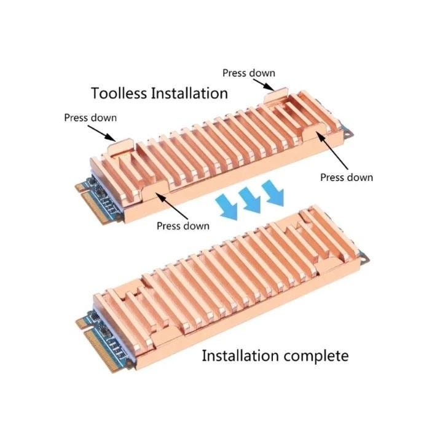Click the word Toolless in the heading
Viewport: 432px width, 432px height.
[119, 93]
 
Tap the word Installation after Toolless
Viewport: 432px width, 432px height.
[189, 93]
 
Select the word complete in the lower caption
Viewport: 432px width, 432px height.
[316, 357]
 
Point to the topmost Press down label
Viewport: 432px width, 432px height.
[249, 73]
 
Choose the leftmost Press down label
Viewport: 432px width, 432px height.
[90, 118]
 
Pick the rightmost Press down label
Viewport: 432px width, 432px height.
[347, 177]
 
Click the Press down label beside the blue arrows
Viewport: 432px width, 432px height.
[183, 226]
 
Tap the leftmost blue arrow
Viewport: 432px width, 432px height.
[227, 206]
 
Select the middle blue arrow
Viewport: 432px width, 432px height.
[250, 200]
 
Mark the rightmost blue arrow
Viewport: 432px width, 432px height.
[273, 193]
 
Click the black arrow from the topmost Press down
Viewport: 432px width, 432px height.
[264, 85]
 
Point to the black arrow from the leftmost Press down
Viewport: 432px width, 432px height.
[101, 134]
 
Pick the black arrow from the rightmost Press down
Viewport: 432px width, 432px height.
[332, 150]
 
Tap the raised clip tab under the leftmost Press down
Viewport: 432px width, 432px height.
[120, 146]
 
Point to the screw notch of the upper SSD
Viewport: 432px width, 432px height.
[347, 134]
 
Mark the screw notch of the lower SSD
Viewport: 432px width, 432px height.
[364, 258]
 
